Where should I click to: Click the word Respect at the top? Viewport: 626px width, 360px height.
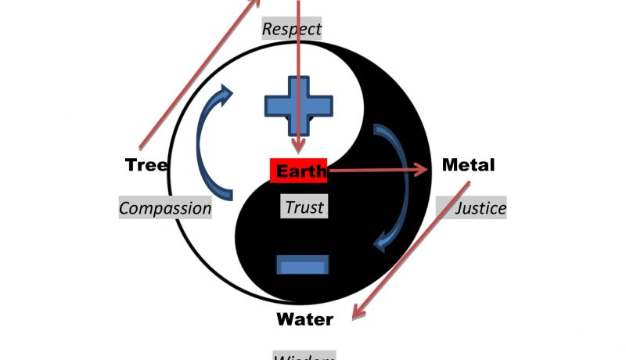[292, 30]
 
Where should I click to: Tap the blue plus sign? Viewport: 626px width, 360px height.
[298, 106]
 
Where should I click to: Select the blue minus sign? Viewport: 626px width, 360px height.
[303, 265]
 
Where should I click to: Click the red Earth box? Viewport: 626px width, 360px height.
[298, 171]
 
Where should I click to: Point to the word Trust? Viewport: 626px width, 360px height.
[304, 207]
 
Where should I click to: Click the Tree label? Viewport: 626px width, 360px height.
[146, 165]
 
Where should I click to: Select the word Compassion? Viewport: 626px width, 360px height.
[165, 208]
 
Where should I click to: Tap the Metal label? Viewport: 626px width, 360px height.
[468, 165]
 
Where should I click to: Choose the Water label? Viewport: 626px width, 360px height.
[304, 319]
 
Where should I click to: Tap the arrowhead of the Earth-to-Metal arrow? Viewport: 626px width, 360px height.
[423, 170]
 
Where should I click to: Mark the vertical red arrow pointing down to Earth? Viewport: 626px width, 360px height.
[298, 78]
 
